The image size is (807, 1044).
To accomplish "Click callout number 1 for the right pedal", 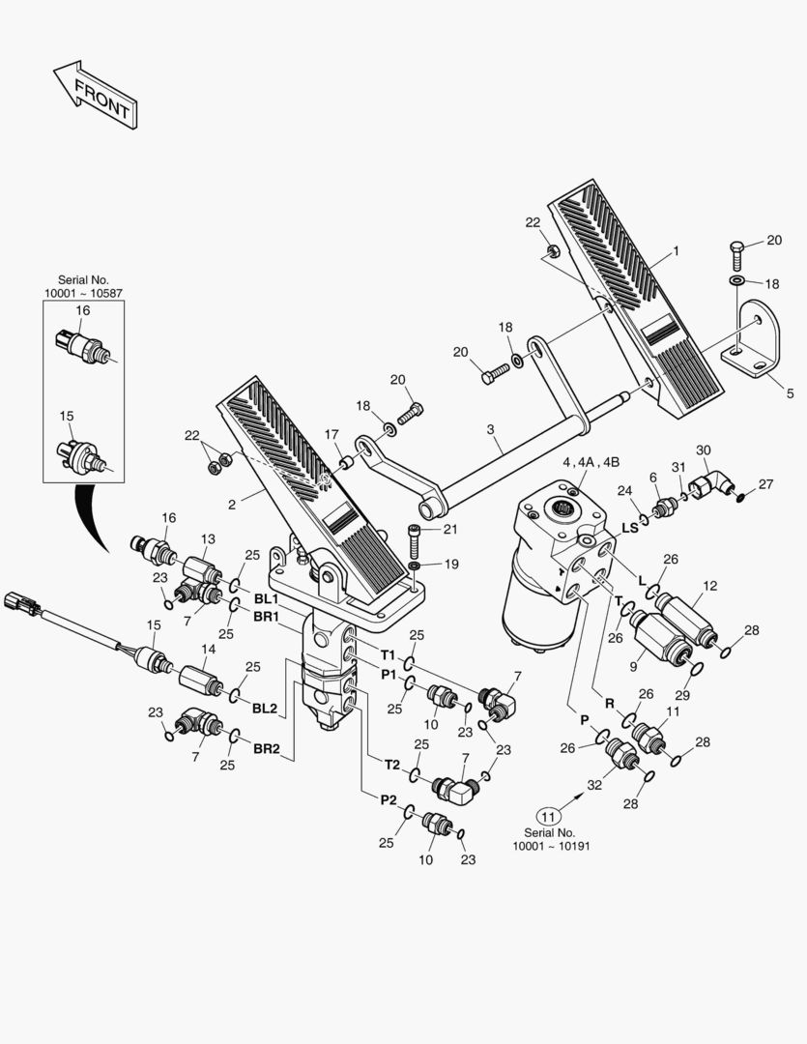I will [676, 250].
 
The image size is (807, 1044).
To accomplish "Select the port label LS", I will [629, 528].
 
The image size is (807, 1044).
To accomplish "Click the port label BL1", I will [266, 599].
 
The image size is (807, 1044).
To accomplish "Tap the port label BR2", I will [266, 748].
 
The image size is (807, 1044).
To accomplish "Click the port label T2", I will [391, 764].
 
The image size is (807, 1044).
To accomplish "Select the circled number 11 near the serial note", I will [548, 814].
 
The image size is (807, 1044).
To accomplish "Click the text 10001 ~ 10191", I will [551, 845].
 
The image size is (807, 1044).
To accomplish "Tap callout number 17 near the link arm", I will [331, 434].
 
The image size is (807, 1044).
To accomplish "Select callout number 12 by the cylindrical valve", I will [709, 586].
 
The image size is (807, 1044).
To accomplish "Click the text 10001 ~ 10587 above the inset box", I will [83, 292].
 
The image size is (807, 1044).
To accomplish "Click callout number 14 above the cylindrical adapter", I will [208, 650].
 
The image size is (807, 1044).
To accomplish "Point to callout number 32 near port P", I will [595, 785].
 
